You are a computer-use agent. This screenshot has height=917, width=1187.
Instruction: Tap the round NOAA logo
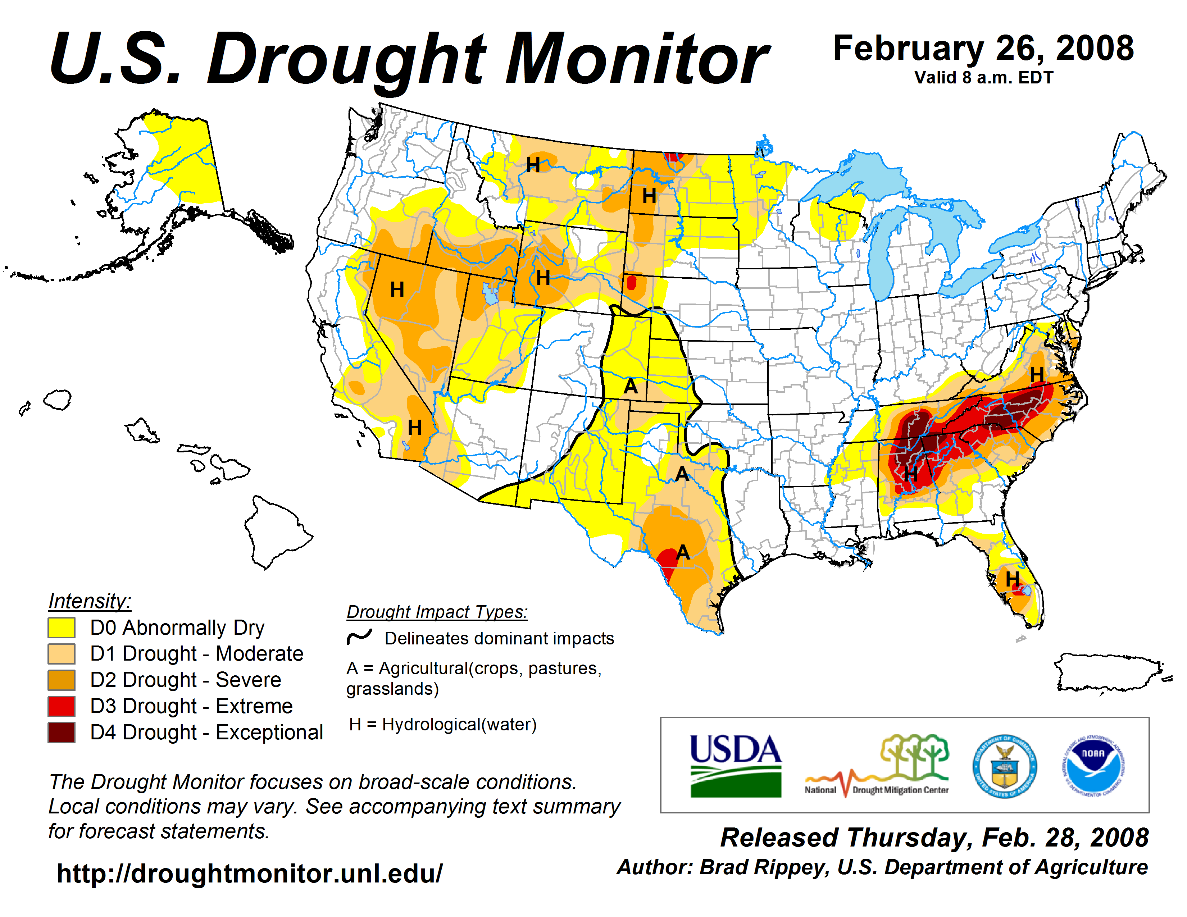click(1093, 766)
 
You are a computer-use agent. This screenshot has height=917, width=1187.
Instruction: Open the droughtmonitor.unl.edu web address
click(250, 873)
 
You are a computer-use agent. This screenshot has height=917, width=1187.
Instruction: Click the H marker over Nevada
click(397, 289)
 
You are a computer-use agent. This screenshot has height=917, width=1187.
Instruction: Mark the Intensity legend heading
click(90, 601)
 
